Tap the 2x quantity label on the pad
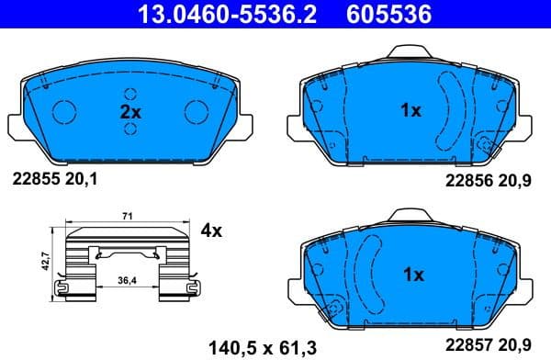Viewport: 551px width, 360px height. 130,111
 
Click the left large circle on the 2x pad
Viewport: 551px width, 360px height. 65,111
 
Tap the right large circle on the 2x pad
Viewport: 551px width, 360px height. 197,111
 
